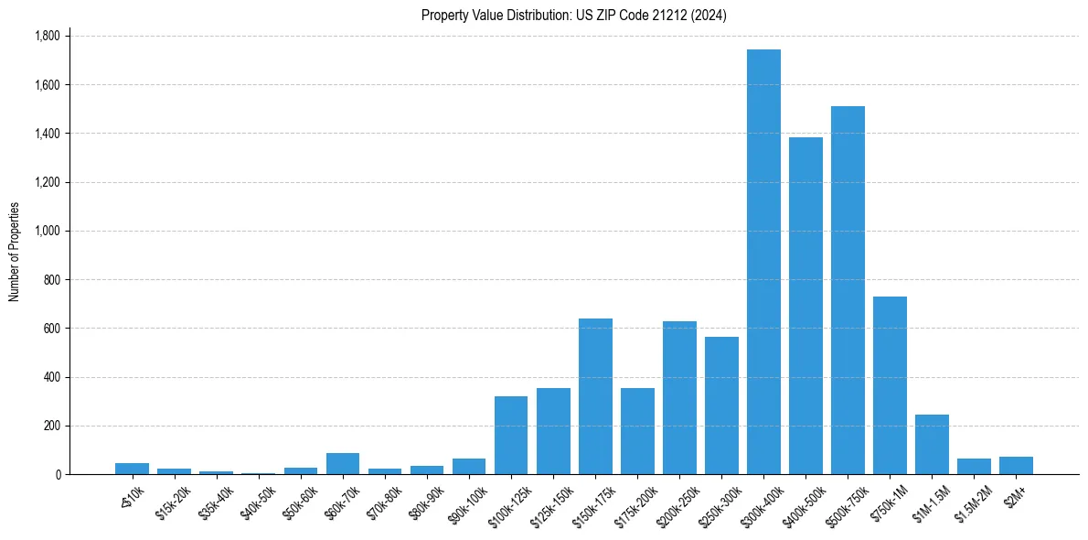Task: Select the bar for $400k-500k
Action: click(805, 306)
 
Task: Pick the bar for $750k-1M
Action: click(890, 385)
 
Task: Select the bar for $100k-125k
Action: click(511, 436)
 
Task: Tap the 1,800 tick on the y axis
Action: click(47, 37)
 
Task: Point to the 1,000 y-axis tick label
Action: click(47, 232)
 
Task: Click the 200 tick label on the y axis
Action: click(53, 427)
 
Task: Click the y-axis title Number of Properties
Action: click(15, 252)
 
